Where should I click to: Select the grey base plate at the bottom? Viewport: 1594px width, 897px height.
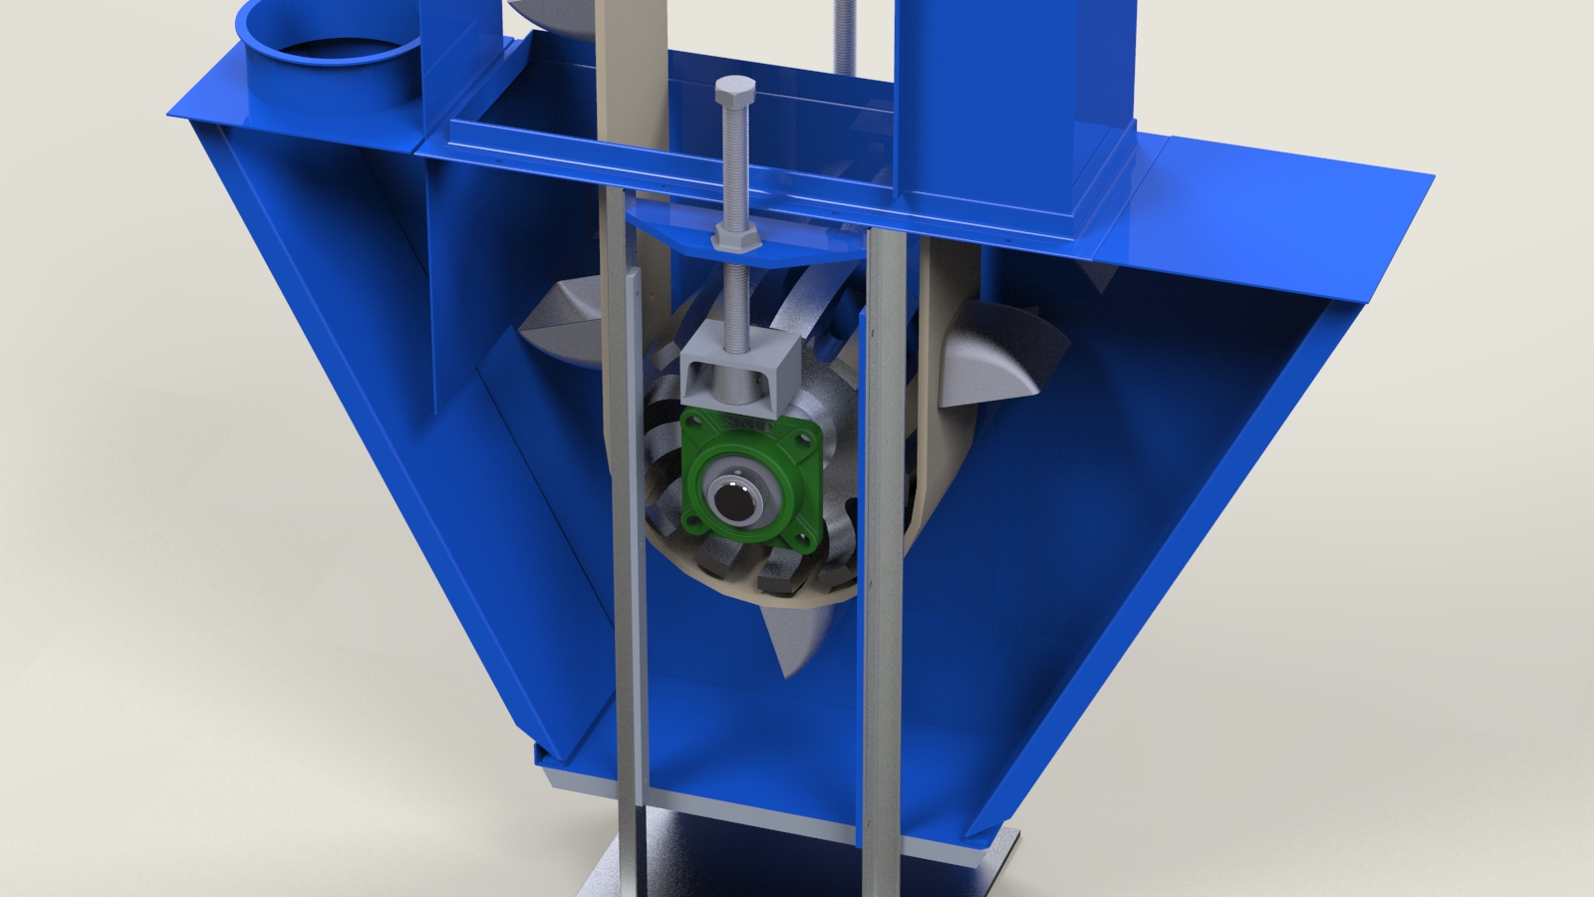tap(797, 867)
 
